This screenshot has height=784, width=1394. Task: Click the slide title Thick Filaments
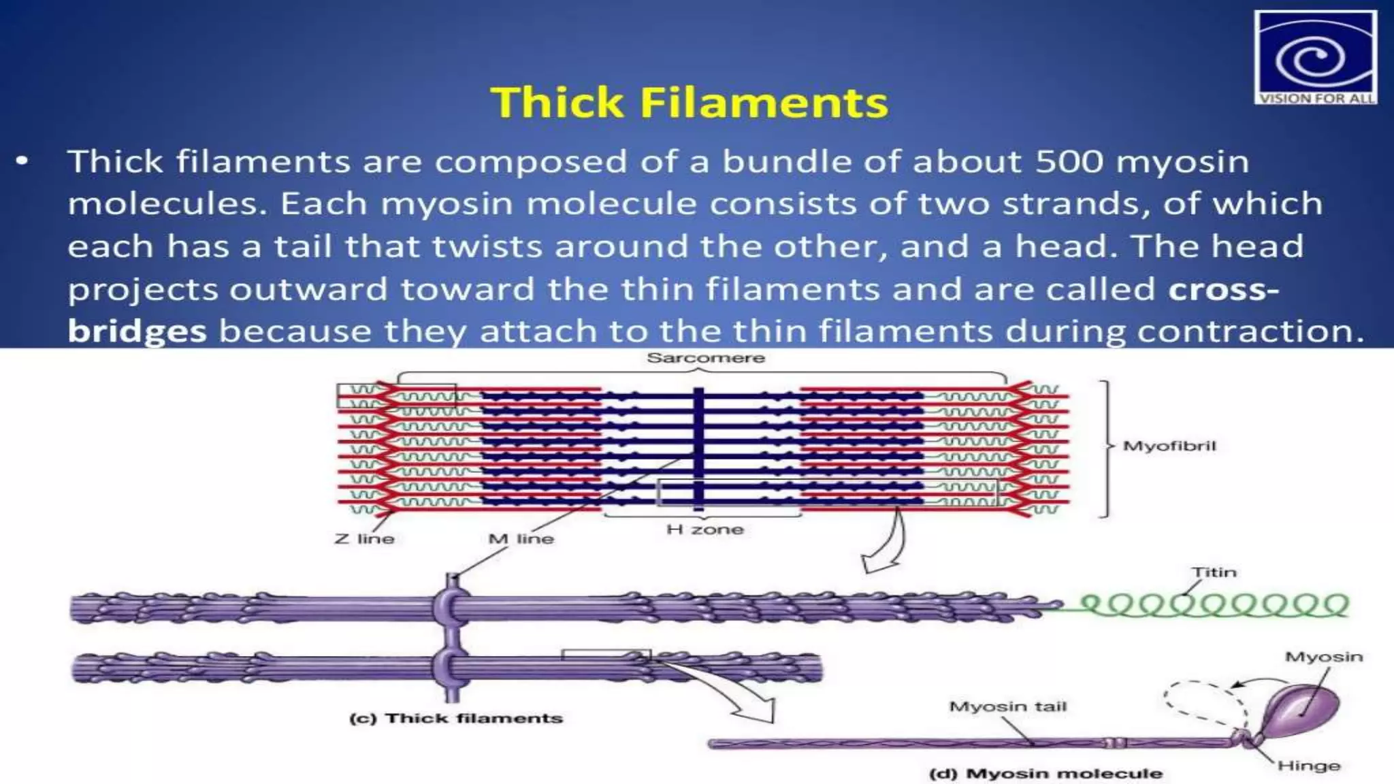[x=689, y=103]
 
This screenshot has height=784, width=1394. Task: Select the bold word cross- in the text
[x=1223, y=289]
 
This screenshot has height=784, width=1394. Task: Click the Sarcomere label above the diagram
[x=705, y=358]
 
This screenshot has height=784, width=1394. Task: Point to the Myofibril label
[x=1169, y=446]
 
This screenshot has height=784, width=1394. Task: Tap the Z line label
[x=364, y=539]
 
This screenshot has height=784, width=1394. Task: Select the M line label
[x=521, y=539]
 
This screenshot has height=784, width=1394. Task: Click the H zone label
[x=704, y=529]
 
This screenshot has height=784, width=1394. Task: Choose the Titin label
[x=1214, y=572]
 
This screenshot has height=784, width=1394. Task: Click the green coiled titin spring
[x=1212, y=605]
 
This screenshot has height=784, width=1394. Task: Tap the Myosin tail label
[x=1007, y=706]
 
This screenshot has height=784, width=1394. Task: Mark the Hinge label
[x=1308, y=766]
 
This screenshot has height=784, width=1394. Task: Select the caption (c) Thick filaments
[x=456, y=719]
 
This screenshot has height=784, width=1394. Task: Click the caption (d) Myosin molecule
[x=1045, y=774]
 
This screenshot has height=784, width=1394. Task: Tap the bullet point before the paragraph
[x=23, y=162]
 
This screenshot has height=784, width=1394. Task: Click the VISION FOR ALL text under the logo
[x=1315, y=99]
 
